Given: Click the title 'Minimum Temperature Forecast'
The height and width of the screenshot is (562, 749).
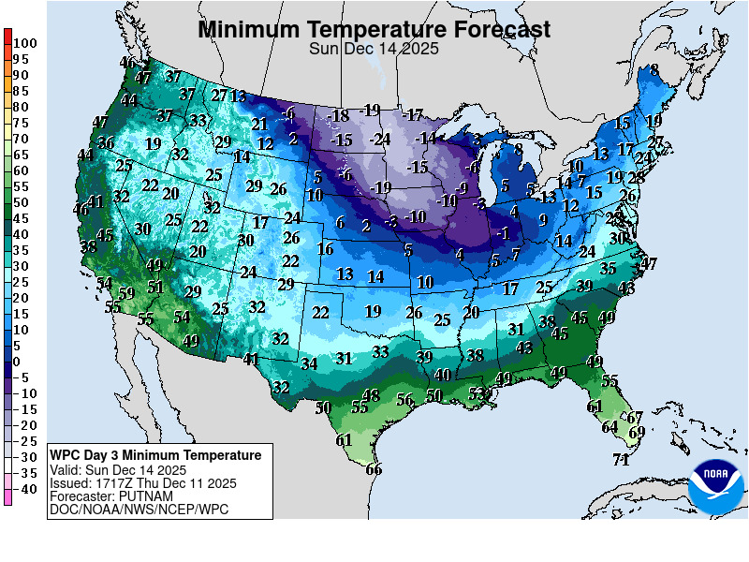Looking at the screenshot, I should coord(374,30).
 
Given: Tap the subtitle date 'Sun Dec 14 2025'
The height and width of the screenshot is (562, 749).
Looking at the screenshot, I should coord(374,50).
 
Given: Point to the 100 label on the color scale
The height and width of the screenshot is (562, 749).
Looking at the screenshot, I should coord(25,43).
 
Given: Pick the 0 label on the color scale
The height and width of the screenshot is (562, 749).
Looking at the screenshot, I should coord(17,362).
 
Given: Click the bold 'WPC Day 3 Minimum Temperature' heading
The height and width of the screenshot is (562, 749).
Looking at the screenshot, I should coord(155,455).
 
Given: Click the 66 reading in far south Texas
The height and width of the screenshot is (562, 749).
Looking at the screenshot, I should coord(374,470).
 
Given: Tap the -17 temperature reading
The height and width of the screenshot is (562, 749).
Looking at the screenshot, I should coord(412,115).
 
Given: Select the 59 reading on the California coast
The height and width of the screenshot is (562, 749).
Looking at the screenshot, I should coord(126,293).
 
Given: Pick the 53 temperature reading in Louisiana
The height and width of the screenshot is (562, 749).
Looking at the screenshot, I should coord(477,393).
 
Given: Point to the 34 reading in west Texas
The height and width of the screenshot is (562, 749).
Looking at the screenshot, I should coord(310,363).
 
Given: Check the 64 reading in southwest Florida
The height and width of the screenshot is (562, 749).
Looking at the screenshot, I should coord(609,427).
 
